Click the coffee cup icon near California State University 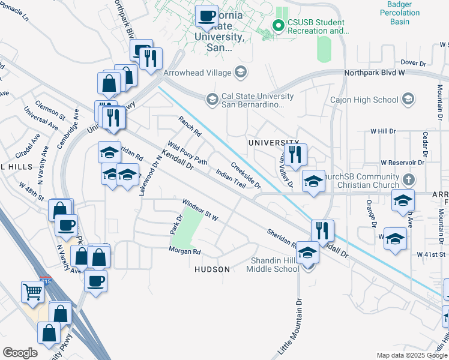(207, 16)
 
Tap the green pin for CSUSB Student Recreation (278, 26)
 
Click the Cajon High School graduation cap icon (408, 98)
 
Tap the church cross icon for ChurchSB (408, 179)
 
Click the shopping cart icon (33, 292)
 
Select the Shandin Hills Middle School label (273, 264)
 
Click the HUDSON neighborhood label (212, 269)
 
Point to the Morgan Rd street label (184, 251)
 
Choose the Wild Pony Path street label (187, 154)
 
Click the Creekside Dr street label (246, 175)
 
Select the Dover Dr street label (412, 62)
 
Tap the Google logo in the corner (20, 352)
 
